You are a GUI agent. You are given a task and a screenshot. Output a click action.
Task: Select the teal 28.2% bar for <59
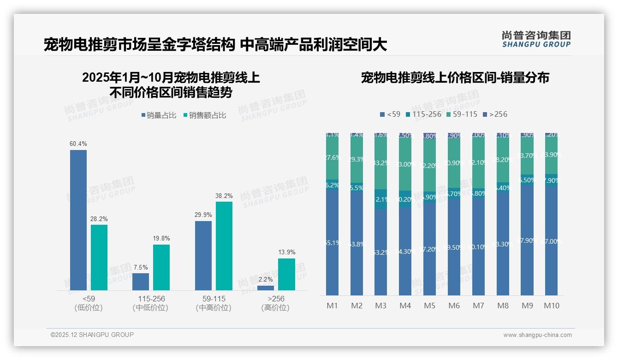pyautogui.click(x=99, y=257)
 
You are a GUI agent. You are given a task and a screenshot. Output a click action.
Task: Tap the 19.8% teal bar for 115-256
pyautogui.click(x=161, y=267)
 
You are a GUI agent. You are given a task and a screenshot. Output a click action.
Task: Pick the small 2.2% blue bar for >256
pyautogui.click(x=265, y=288)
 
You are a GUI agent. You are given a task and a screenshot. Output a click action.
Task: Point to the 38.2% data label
pyautogui.click(x=224, y=196)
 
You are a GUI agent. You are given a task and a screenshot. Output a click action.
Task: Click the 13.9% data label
pyautogui.click(x=286, y=252)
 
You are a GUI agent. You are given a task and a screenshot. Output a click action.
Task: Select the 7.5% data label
pyautogui.click(x=141, y=268)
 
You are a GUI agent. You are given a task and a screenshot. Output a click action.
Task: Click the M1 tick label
pyautogui.click(x=332, y=306)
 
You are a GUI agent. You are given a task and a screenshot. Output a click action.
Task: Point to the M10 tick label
pyautogui.click(x=551, y=306)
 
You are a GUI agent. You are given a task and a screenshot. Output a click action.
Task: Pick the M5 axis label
pyautogui.click(x=429, y=306)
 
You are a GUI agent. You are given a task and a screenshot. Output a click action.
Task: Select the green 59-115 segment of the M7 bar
pyautogui.click(x=478, y=162)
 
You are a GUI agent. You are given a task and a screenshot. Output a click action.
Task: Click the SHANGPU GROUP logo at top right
pyautogui.click(x=536, y=39)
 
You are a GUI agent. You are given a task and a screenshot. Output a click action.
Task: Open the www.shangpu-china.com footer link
pyautogui.click(x=537, y=335)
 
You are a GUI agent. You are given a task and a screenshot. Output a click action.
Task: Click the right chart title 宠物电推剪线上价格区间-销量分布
pyautogui.click(x=455, y=78)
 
